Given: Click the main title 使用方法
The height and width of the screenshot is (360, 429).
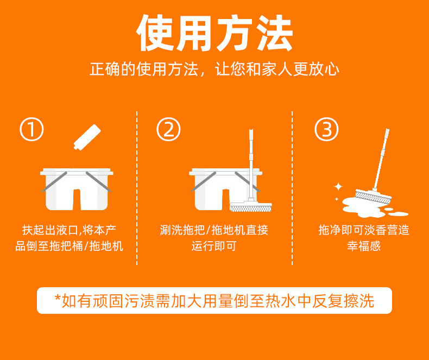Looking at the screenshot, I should pos(214,34).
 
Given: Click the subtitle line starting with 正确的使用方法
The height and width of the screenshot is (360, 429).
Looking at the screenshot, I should pos(214,70).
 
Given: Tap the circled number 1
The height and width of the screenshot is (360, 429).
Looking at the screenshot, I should pos(31,130).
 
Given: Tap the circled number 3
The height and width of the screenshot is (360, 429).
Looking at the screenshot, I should pos(326,130).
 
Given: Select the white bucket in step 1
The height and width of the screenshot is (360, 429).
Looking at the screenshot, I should pos(77,190).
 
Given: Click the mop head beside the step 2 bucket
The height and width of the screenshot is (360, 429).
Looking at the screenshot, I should pos(245,207).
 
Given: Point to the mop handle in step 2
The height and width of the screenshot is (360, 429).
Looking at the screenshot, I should pos(251,163).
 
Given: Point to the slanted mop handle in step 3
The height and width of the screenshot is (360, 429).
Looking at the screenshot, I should pos(380,157).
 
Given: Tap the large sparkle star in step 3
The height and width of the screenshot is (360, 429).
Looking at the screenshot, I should pos(338,187).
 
